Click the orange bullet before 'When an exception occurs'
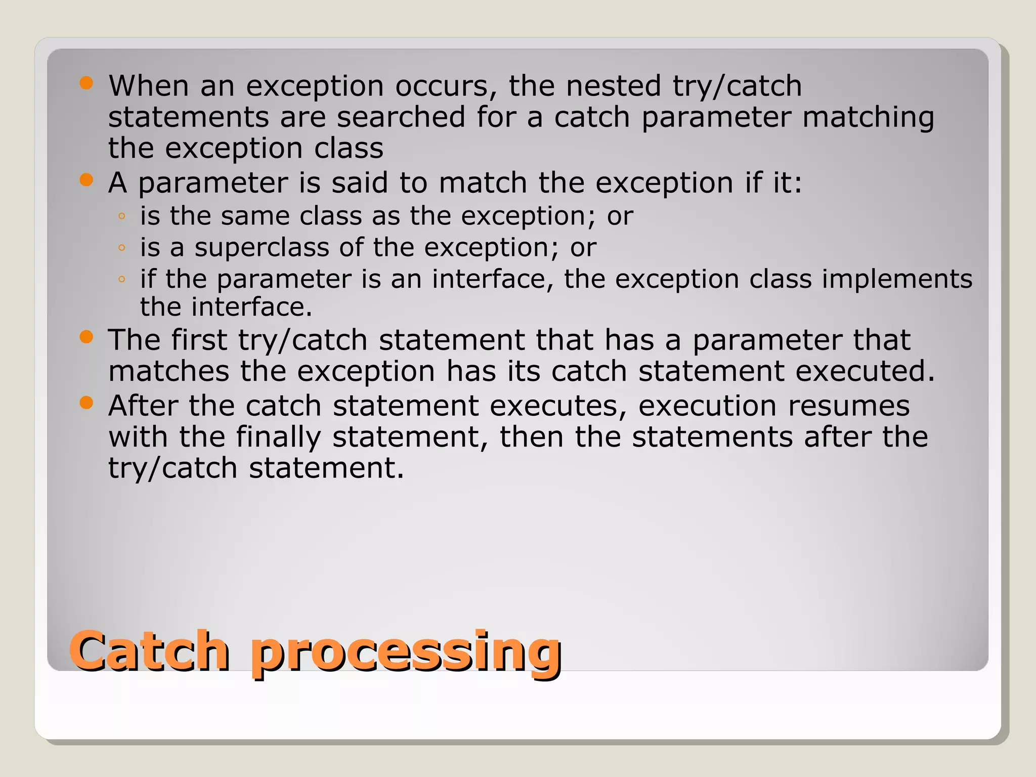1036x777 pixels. click(x=87, y=83)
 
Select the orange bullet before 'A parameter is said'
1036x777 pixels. click(x=87, y=180)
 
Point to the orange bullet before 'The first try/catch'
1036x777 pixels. click(x=87, y=337)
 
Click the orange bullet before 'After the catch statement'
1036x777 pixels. click(x=87, y=403)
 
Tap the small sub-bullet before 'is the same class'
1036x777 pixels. click(x=121, y=217)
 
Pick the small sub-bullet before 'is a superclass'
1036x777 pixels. click(x=121, y=248)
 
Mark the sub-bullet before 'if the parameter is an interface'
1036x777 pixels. click(x=121, y=279)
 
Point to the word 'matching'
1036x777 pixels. click(x=868, y=118)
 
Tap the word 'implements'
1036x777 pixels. click(x=897, y=279)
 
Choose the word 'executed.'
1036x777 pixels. click(x=865, y=371)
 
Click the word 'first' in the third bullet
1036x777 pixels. click(x=199, y=339)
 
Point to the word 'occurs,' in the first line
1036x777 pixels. click(x=446, y=85)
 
